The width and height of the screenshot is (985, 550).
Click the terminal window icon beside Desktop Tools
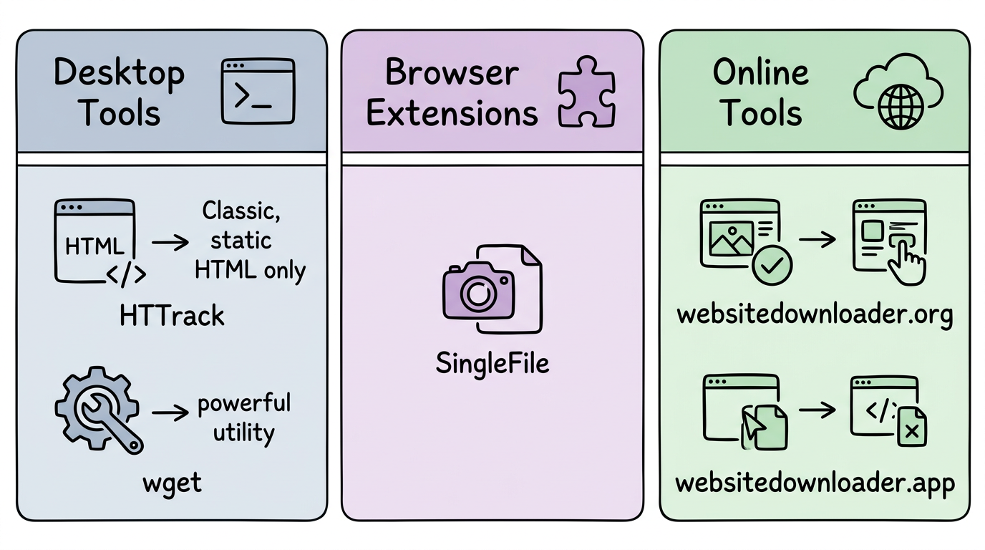click(x=258, y=92)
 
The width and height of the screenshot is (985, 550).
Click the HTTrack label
click(x=173, y=316)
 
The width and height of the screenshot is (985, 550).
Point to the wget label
click(x=173, y=482)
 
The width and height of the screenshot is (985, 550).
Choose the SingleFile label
click(x=492, y=363)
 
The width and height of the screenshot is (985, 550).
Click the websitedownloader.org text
click(x=815, y=314)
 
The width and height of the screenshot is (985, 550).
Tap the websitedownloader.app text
click(x=815, y=483)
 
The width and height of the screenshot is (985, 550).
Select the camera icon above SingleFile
click(x=478, y=291)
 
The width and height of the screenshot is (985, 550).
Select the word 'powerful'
click(x=244, y=404)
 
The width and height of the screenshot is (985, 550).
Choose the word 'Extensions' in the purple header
click(x=452, y=113)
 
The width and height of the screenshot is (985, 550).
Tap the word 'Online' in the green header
click(x=760, y=72)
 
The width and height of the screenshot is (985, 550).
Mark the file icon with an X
click(x=911, y=428)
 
